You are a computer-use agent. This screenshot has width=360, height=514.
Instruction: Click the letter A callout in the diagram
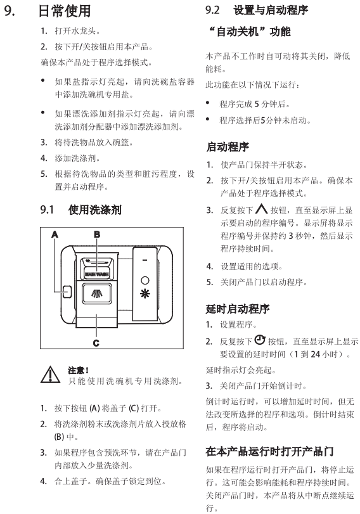point(55,235)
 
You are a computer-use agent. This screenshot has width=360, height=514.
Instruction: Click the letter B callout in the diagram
point(97,235)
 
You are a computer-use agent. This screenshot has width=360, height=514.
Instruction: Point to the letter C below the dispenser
point(96,343)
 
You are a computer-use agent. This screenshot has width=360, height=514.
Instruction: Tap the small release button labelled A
point(67,292)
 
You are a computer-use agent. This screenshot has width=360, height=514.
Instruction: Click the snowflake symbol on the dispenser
point(145,293)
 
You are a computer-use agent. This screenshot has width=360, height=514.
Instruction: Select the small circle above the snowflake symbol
point(145,281)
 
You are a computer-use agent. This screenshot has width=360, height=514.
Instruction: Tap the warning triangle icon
point(50,375)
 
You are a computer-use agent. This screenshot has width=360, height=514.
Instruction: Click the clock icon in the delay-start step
point(260,340)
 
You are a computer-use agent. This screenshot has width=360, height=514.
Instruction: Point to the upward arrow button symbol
point(261,209)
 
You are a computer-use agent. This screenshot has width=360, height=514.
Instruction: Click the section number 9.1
point(47,210)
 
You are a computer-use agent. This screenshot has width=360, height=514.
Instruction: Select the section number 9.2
point(212,10)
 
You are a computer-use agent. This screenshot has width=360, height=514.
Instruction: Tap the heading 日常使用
point(65,11)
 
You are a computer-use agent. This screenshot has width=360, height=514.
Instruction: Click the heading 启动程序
point(228,147)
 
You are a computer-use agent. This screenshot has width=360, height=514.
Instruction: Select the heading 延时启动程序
point(238,309)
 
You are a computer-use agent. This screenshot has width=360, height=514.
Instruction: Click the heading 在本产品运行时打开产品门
point(269,451)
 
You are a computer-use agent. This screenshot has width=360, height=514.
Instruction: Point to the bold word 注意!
point(78,370)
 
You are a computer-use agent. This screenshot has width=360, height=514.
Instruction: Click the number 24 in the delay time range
point(316,354)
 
